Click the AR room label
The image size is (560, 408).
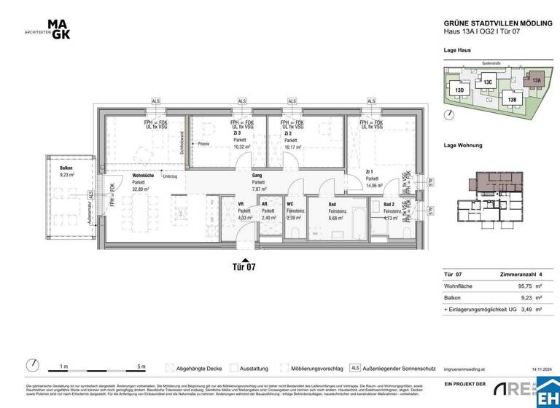(265, 204)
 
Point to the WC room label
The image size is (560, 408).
(290, 204)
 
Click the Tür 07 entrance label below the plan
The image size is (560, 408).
(245, 267)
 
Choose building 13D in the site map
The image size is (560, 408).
(459, 90)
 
